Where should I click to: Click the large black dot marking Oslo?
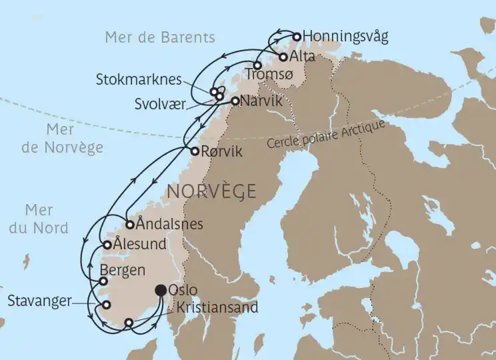[x=161, y=290]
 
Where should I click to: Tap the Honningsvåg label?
[x=345, y=36]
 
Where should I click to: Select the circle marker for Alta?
[x=283, y=57]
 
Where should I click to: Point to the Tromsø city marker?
[x=257, y=65]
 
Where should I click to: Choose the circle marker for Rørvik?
[x=195, y=151]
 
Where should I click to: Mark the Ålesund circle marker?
[x=107, y=245]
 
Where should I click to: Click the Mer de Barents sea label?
[x=160, y=37]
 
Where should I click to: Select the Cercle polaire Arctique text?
[x=326, y=136]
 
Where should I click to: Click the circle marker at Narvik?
[x=235, y=101]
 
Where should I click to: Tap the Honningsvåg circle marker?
[x=297, y=36]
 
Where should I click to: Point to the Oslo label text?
[x=182, y=291]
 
